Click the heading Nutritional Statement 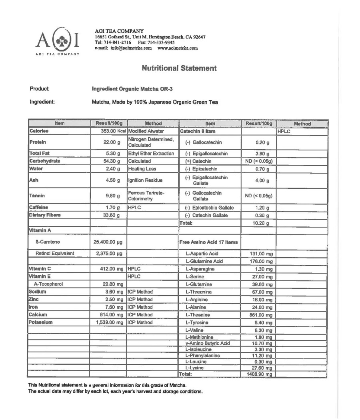[x=179, y=68]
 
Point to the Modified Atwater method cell [x=146, y=131]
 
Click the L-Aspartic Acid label [x=202, y=254]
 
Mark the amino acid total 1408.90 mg [x=260, y=374]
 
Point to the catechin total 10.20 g [x=260, y=223]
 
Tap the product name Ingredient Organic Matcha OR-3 [x=132, y=89]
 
